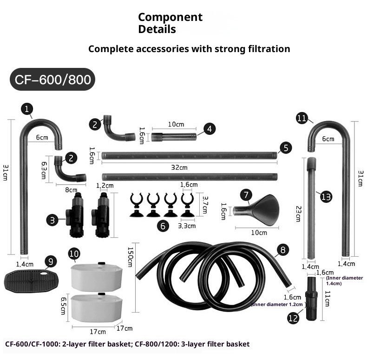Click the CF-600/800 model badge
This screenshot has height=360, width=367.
point(52,79)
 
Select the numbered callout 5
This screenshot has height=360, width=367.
point(286,148)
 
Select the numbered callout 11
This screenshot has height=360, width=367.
point(301,118)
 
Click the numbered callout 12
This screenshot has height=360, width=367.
point(293,319)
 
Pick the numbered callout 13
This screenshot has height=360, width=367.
point(326,197)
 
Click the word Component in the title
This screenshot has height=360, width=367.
point(170,17)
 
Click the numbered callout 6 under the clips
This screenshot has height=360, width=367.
point(163,227)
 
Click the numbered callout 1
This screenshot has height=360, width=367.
point(27,109)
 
